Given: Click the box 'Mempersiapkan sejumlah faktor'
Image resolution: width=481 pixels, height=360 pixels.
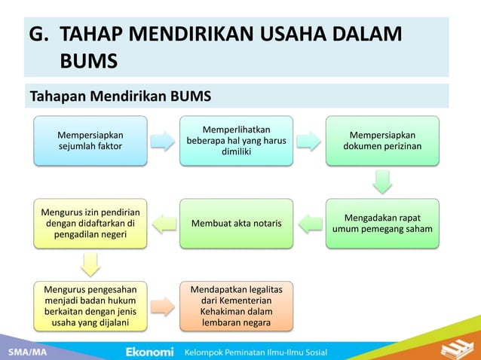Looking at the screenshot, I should click(x=90, y=141).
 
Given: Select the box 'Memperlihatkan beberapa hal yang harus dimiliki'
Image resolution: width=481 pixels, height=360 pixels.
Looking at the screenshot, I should click(x=236, y=141).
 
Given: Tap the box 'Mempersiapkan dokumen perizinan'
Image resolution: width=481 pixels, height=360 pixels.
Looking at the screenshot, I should click(x=382, y=141).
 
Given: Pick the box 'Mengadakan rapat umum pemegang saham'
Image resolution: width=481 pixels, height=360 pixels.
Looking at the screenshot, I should click(x=382, y=223).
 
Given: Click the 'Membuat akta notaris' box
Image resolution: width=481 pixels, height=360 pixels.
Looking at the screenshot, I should click(x=236, y=223).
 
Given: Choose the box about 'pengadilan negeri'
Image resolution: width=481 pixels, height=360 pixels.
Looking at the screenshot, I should click(x=90, y=223).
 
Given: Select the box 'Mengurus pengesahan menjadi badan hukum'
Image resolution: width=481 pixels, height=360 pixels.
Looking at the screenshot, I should click(x=90, y=306).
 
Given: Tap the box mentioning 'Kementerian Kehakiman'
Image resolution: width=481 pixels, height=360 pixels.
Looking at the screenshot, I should click(x=236, y=306).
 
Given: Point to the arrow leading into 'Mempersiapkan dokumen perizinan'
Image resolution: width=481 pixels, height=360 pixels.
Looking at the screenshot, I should click(x=309, y=141).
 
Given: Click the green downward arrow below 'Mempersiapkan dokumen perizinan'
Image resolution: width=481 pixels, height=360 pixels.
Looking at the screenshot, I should click(x=382, y=182).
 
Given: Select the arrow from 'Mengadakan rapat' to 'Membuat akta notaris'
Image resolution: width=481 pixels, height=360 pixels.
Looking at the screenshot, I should click(x=309, y=223).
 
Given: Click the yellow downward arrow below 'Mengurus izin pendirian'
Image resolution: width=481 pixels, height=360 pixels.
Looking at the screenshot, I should click(x=90, y=264).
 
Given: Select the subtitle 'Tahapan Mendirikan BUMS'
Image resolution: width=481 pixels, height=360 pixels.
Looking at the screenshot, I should click(x=120, y=96).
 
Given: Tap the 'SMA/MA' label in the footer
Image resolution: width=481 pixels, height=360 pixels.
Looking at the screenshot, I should click(x=25, y=352).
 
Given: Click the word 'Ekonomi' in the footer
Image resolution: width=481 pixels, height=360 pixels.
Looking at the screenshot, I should click(x=149, y=352).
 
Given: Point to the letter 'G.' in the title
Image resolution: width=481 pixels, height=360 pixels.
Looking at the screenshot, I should click(x=39, y=35).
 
